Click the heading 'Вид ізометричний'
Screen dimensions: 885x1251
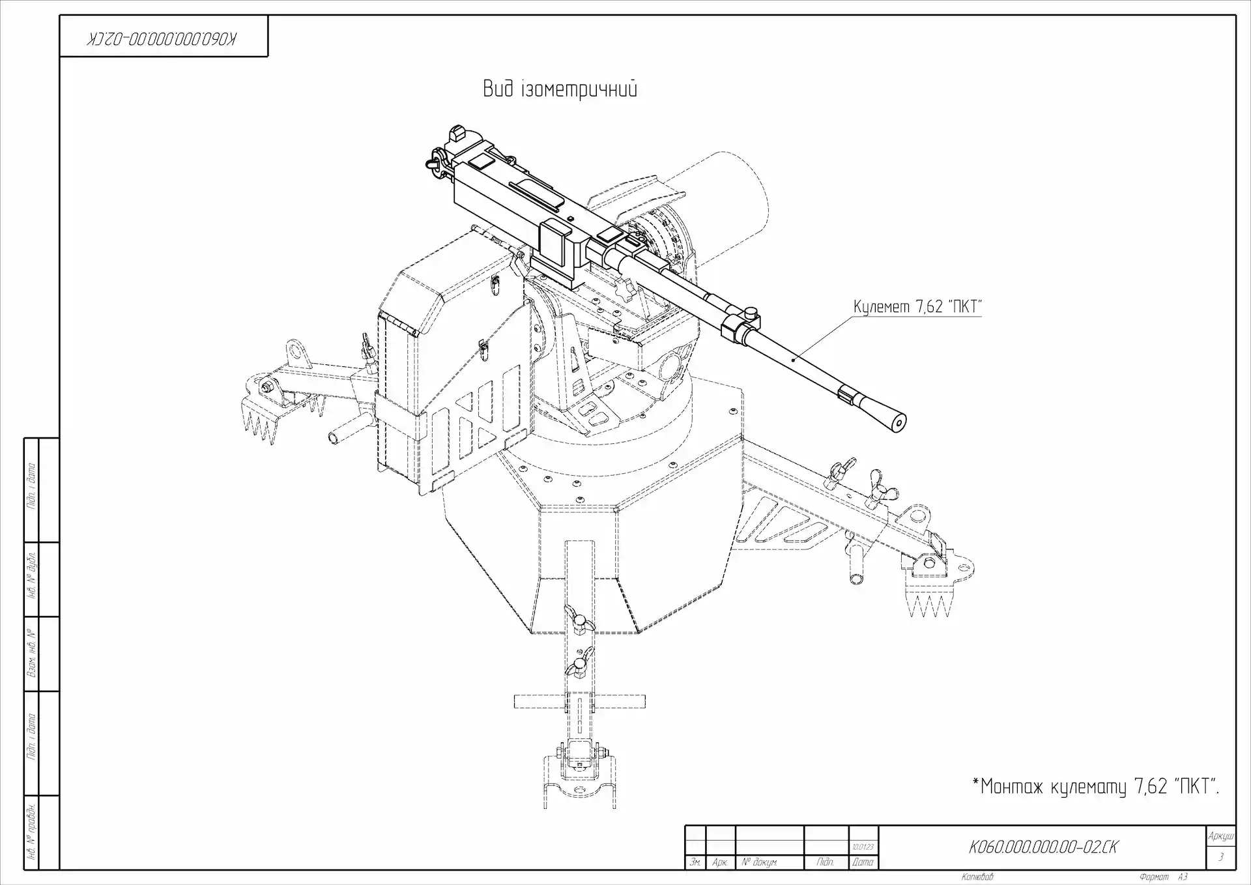pyautogui.click(x=560, y=89)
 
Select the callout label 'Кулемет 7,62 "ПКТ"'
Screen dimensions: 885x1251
pyautogui.click(x=917, y=306)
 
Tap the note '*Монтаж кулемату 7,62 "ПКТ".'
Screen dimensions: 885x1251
pyautogui.click(x=1095, y=787)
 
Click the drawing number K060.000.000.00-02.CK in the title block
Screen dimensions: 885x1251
pyautogui.click(x=1043, y=847)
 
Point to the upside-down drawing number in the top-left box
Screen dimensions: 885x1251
pyautogui.click(x=163, y=38)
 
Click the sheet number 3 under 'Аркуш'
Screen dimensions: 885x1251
pyautogui.click(x=1220, y=858)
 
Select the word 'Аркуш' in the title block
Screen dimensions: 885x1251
pyautogui.click(x=1220, y=836)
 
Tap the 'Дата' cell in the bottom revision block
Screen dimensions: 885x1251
pyautogui.click(x=863, y=862)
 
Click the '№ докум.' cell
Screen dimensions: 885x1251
pyautogui.click(x=759, y=862)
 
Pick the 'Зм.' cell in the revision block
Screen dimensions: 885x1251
pyautogui.click(x=696, y=862)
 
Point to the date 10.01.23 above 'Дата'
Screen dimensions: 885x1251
pyautogui.click(x=863, y=847)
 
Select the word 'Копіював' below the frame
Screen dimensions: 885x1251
pyautogui.click(x=977, y=877)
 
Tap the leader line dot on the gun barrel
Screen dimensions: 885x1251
pyautogui.click(x=793, y=359)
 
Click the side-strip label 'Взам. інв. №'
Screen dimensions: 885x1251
pyautogui.click(x=31, y=653)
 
